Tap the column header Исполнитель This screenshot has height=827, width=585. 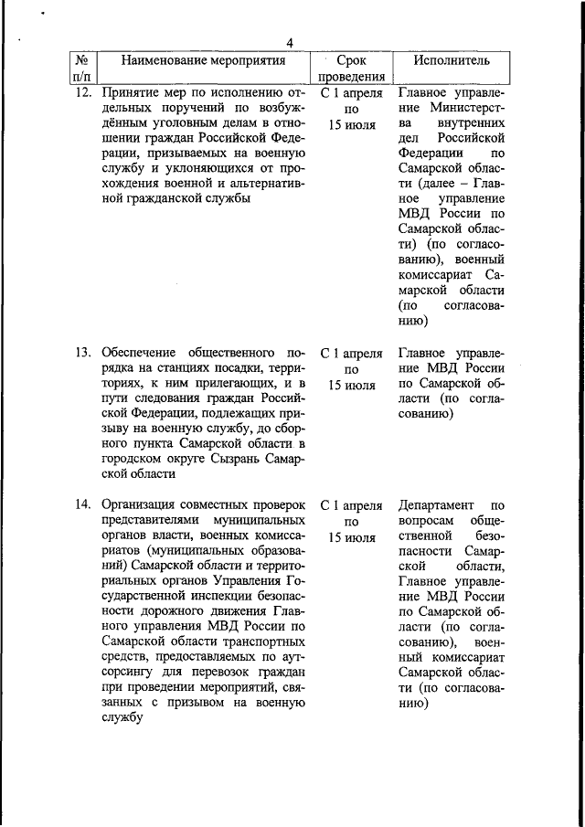[451, 61]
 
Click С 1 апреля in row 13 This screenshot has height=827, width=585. [352, 352]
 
